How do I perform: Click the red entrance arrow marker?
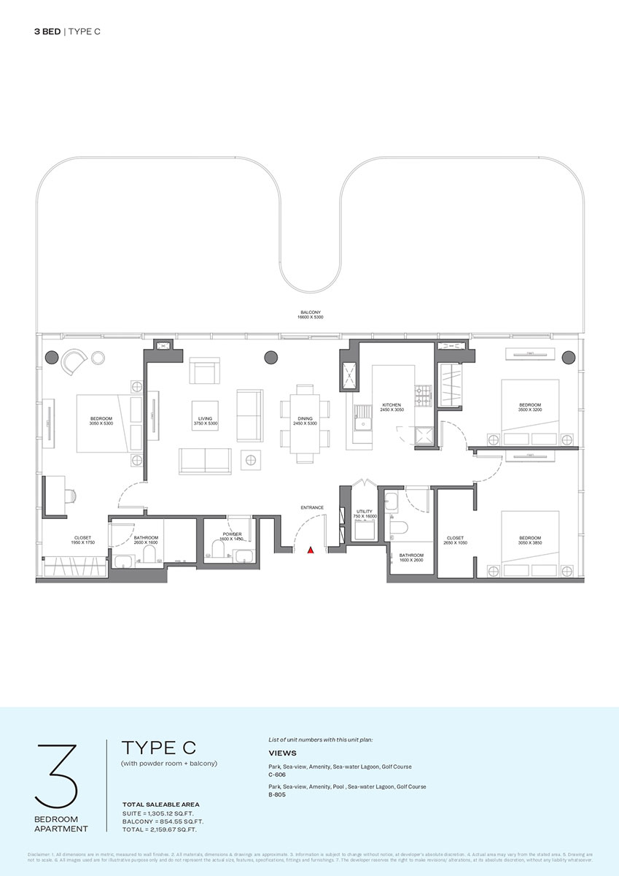[310, 550]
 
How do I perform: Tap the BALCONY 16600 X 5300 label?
[310, 315]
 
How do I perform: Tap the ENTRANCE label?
[311, 507]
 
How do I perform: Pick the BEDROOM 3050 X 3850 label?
[530, 539]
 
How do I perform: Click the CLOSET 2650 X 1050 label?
[454, 540]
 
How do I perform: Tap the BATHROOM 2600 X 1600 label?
[146, 540]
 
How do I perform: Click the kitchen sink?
[361, 422]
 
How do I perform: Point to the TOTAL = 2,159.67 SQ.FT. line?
[160, 829]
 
